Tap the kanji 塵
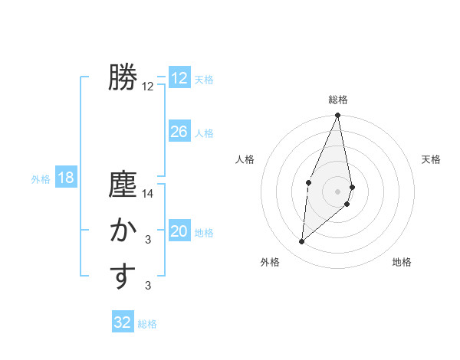click(123, 185)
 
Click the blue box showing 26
click(179, 132)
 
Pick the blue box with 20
click(179, 231)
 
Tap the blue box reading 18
click(65, 178)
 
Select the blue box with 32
click(123, 322)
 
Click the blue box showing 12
click(179, 78)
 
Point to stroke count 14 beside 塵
click(148, 195)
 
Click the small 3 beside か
click(148, 241)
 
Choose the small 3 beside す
click(148, 286)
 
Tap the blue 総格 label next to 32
click(147, 324)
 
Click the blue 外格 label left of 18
click(41, 179)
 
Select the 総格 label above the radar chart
click(338, 100)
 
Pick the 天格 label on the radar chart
click(432, 159)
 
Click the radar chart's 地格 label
click(402, 262)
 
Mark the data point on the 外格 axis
click(302, 242)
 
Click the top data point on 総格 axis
click(338, 116)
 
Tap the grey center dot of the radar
click(338, 191)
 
